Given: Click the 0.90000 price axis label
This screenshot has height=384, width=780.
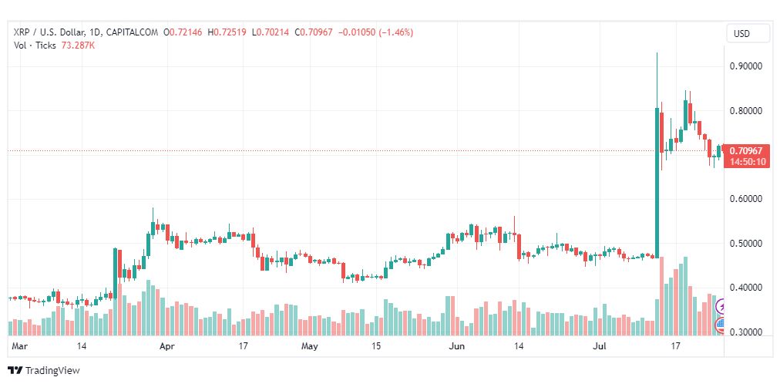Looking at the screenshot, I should [745, 66].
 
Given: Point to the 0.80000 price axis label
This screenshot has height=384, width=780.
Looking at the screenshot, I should [745, 111].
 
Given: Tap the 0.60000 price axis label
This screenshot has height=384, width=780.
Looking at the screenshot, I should [745, 199].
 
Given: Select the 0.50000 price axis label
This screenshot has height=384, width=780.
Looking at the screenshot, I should [745, 244].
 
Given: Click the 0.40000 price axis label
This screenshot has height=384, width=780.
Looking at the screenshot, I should [745, 288].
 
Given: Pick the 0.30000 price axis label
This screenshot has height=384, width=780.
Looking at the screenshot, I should [745, 332].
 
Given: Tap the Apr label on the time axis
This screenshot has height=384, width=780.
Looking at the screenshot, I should [166, 347].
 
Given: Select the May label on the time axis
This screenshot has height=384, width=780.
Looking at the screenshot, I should [309, 347].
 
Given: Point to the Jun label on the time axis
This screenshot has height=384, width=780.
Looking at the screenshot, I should [457, 347].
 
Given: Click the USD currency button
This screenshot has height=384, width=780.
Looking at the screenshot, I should [741, 34].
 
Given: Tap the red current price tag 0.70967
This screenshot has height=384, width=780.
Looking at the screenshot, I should [745, 151].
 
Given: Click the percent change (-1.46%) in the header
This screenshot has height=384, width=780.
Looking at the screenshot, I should [393, 32].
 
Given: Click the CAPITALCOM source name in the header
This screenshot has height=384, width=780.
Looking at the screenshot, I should [133, 32].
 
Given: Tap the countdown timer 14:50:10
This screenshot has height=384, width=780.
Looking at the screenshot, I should [745, 162].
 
